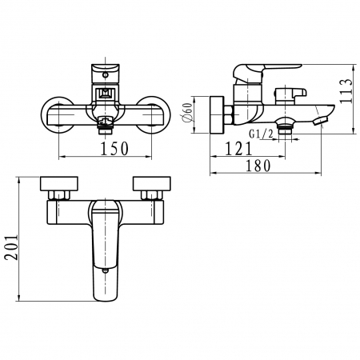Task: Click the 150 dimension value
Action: click(114, 149)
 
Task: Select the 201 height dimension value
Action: click(12, 247)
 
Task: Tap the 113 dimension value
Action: click(346, 90)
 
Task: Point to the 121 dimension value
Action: click(238, 149)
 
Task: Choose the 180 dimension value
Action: click(258, 166)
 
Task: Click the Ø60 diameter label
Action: click(187, 113)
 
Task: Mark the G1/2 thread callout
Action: click(261, 134)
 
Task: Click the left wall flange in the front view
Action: click(57, 114)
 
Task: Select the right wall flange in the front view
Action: click(154, 114)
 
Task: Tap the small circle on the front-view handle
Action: click(106, 75)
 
